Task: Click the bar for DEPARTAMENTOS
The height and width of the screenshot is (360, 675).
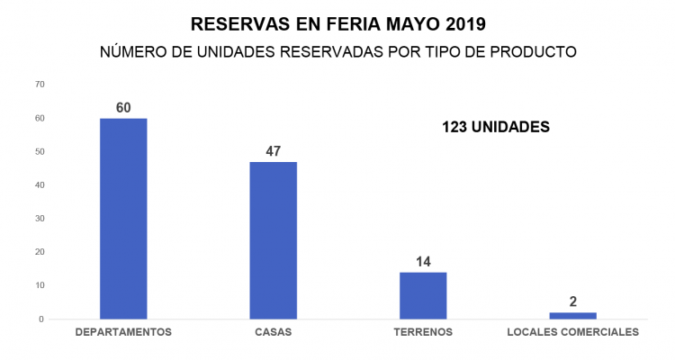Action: pos(123,219)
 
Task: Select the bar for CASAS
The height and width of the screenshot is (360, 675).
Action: pos(273,240)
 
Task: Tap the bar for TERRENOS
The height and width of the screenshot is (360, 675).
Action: pos(423,295)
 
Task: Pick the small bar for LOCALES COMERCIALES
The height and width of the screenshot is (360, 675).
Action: pos(572,315)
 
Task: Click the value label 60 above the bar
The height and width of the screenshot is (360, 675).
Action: pos(123,108)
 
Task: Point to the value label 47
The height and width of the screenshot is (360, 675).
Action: pos(273,151)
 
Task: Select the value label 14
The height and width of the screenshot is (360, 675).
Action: pos(423,262)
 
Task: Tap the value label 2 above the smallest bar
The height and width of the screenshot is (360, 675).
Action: pos(572,301)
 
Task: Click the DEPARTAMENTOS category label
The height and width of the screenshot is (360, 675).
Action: pos(123,332)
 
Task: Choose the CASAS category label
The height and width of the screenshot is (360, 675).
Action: pos(273,332)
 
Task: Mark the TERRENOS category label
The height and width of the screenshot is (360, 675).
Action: pos(423,332)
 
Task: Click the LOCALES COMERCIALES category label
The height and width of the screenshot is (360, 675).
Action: pos(572,332)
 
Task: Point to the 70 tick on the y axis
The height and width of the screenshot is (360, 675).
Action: pos(39,85)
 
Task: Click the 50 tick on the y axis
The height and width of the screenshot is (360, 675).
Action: pos(39,152)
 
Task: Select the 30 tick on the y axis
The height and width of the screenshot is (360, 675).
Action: pos(39,219)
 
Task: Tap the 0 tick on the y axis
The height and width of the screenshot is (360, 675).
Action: pos(41,319)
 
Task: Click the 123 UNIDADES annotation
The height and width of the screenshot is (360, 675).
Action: pos(495,128)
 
